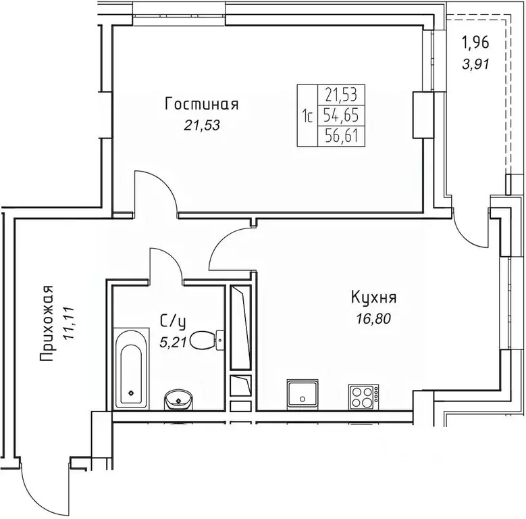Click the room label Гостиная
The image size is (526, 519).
pos(202,104)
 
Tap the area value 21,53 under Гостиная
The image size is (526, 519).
pos(202,126)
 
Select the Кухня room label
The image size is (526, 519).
pos(373,297)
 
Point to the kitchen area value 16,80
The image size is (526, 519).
pos(373,319)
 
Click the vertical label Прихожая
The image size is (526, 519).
pos(47,324)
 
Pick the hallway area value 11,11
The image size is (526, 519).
pos(70,323)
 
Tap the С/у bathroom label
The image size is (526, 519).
pos(173,322)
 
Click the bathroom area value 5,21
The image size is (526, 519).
pos(173,341)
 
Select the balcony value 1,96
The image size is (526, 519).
pos(475,43)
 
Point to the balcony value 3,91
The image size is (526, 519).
pos(476,64)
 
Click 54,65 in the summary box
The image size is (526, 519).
pos(341,116)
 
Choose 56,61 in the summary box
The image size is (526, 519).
pos(341,137)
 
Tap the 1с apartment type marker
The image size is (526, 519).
pos(307,116)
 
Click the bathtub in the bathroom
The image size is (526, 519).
pos(131,368)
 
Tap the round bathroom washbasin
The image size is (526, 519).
pos(178,400)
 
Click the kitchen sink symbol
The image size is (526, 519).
pos(303,395)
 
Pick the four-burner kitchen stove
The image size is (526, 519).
pos(364,397)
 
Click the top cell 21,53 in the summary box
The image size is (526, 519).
pos(341,95)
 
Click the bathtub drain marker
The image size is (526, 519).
pos(131,393)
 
